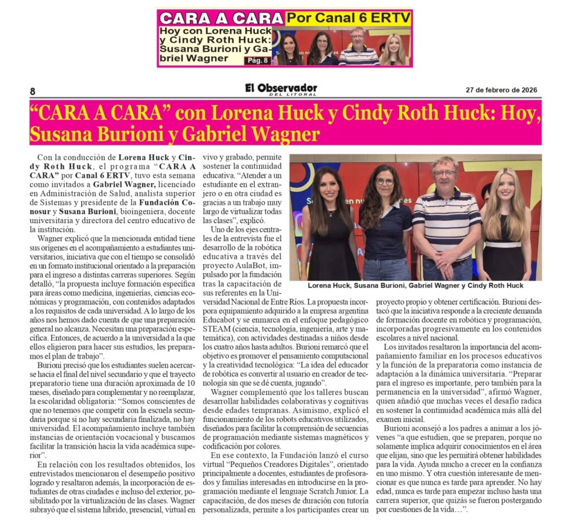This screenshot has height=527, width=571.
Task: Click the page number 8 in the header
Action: (32, 91)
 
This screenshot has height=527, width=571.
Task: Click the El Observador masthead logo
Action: (281, 89)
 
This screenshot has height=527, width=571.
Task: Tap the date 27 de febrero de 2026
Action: (502, 90)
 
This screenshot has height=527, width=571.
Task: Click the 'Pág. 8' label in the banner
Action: (257, 60)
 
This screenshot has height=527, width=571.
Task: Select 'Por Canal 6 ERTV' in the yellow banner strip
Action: (349, 18)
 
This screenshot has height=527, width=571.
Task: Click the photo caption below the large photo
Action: (415, 286)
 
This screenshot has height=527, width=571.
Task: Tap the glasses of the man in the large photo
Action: (444, 173)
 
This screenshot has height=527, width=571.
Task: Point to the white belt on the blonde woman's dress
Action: (503, 244)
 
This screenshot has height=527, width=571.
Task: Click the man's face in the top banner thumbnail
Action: (358, 36)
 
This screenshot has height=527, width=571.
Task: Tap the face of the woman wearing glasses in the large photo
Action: (384, 182)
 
